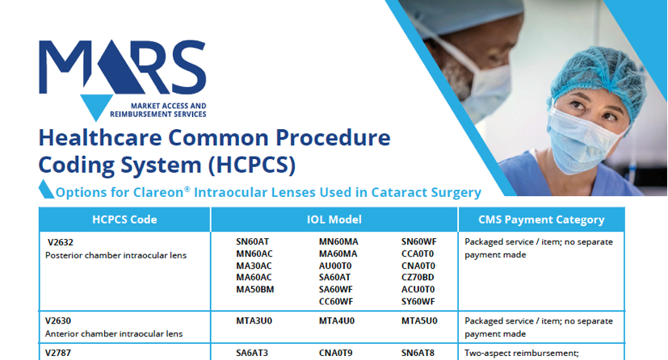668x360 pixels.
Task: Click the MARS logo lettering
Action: tap(123, 67)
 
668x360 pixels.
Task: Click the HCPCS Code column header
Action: tap(124, 220)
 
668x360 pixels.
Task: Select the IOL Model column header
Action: tap(334, 220)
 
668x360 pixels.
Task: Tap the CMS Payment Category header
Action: tap(541, 220)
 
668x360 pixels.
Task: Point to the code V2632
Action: tap(61, 242)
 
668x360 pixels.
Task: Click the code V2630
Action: tap(58, 320)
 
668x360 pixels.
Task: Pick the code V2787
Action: tap(58, 353)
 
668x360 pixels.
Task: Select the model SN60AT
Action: tap(253, 241)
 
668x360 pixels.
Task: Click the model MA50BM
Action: tap(255, 289)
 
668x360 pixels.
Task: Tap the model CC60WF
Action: tap(336, 302)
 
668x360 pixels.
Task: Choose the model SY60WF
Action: tap(418, 302)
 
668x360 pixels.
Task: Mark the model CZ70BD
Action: tap(418, 278)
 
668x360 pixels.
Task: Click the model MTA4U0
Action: tap(337, 320)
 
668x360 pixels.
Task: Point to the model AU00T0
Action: tap(335, 266)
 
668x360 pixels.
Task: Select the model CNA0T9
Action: tap(336, 353)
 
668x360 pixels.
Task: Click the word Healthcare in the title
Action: tap(100, 138)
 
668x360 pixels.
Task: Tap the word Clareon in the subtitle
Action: tap(158, 192)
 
